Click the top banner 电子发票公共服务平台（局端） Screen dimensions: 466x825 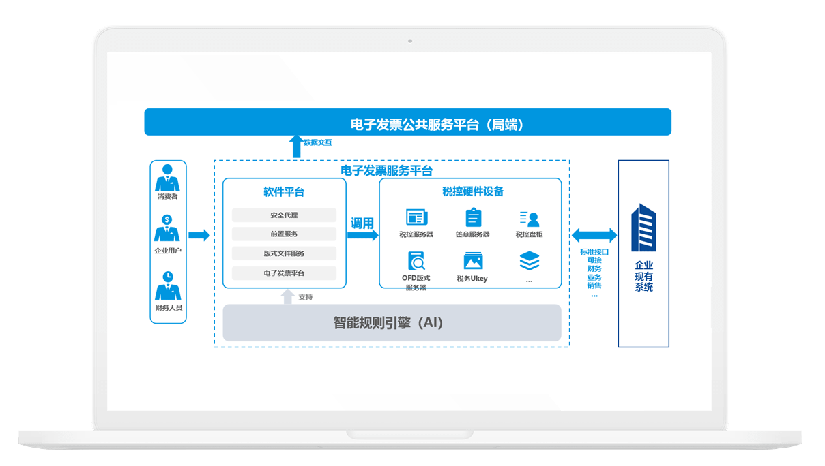pyautogui.click(x=407, y=123)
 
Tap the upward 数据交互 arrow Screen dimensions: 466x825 pyautogui.click(x=296, y=146)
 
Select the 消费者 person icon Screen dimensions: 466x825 pyautogui.click(x=167, y=178)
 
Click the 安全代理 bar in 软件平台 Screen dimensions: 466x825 pyautogui.click(x=284, y=215)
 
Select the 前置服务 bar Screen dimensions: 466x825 pyautogui.click(x=284, y=234)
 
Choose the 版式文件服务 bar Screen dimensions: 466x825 pyautogui.click(x=284, y=253)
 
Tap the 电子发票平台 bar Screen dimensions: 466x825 pyautogui.click(x=284, y=273)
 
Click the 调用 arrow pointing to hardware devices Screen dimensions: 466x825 pyautogui.click(x=362, y=235)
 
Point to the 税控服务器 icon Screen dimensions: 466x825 pyautogui.click(x=416, y=217)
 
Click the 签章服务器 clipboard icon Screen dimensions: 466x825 pyautogui.click(x=473, y=217)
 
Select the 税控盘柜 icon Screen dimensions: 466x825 pyautogui.click(x=530, y=218)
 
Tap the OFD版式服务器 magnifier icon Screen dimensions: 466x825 pyautogui.click(x=416, y=261)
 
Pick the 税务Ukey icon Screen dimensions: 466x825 pyautogui.click(x=473, y=261)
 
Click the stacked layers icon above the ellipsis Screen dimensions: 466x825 pyautogui.click(x=530, y=261)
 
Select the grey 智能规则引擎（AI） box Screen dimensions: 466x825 pyautogui.click(x=392, y=323)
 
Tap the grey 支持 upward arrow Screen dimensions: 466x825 pyautogui.click(x=288, y=296)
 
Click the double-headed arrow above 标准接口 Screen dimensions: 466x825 pyautogui.click(x=594, y=236)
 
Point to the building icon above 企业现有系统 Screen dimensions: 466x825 pyautogui.click(x=643, y=228)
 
